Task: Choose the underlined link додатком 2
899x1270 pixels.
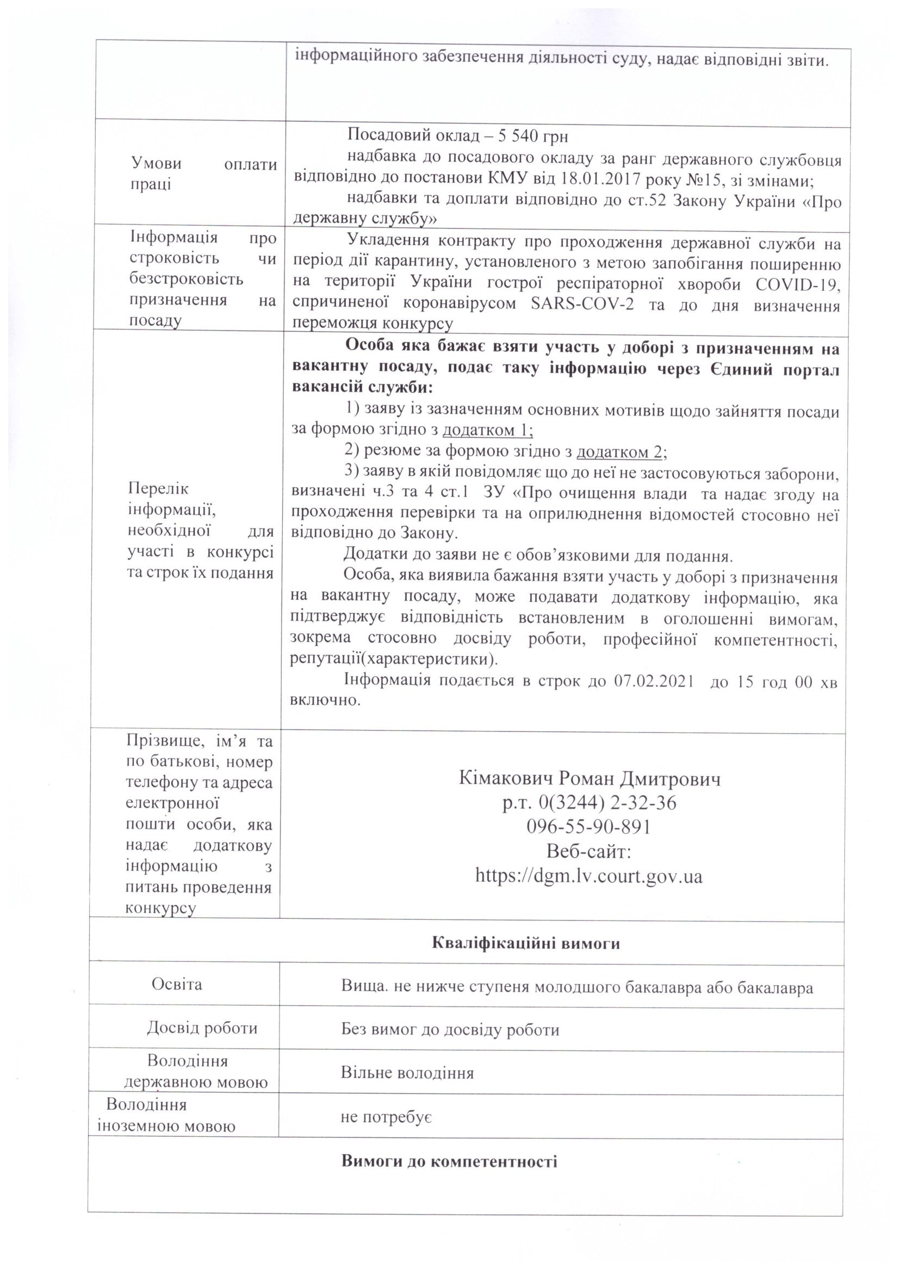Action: pos(620,452)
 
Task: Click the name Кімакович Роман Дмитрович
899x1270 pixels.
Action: pos(590,779)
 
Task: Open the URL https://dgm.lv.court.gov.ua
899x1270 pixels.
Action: pos(589,876)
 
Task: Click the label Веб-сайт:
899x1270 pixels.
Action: pos(589,851)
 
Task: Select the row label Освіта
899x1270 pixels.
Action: pos(177,985)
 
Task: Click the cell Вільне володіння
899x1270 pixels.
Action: pos(407,1073)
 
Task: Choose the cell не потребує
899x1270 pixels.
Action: pos(386,1117)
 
